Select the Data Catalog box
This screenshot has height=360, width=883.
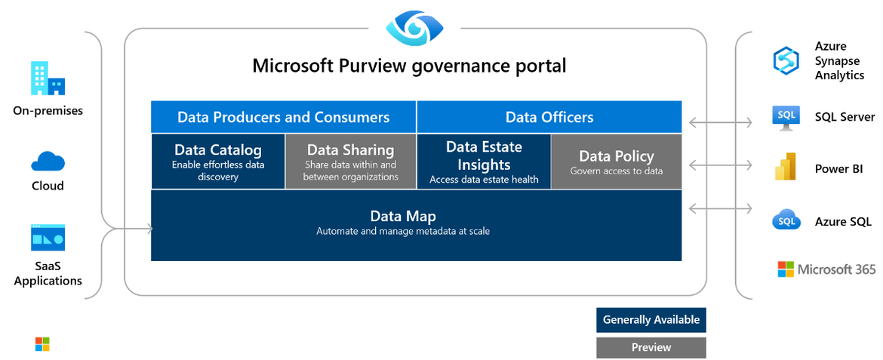[218, 161]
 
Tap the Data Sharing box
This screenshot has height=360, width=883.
[351, 161]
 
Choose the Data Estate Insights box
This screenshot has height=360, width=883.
[484, 161]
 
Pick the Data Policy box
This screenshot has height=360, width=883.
[616, 161]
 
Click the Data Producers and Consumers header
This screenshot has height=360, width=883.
[284, 117]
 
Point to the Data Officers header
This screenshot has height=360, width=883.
[549, 117]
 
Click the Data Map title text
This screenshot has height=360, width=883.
[403, 216]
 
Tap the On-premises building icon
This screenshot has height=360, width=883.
[48, 78]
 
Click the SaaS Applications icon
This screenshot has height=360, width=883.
[48, 237]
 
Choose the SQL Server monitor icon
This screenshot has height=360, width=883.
[786, 117]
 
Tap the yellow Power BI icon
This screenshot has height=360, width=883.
[786, 166]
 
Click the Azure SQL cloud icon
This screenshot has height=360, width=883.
[786, 220]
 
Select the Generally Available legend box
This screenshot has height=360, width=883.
[651, 320]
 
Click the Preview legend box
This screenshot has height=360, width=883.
[651, 348]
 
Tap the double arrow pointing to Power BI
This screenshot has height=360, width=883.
[721, 165]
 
